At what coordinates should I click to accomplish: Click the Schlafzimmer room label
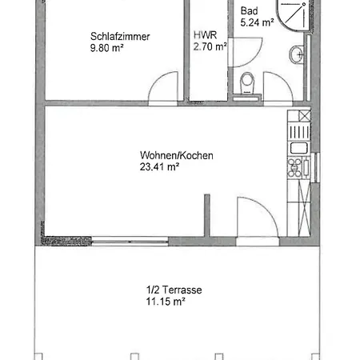pos(120,37)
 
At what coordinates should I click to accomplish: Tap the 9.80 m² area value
pos(106,48)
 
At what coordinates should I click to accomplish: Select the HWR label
pos(205,35)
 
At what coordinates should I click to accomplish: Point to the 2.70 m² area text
pos(210,46)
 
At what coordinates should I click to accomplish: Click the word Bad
pos(249,11)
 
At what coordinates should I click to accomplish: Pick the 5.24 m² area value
pos(257,22)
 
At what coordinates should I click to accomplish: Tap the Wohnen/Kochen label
pos(177,155)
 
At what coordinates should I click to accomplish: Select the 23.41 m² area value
pos(159,167)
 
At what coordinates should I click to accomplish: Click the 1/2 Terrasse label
pos(174,290)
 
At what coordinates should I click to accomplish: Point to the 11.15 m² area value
pos(166,302)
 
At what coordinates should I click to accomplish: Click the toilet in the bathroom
pos(247,83)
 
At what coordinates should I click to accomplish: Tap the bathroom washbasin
pos(296,54)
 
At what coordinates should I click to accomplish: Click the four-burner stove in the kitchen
pos(294,167)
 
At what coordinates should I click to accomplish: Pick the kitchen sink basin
pos(299,148)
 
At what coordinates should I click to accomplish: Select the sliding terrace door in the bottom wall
pos(130,242)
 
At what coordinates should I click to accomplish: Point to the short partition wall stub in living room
pos(207,215)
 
